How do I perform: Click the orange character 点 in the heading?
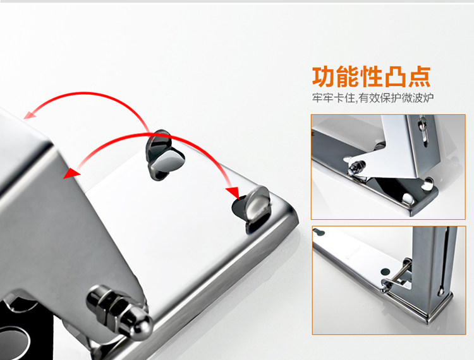(418, 76)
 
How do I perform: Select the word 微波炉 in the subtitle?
(418, 98)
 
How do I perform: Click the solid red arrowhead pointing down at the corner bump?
(233, 192)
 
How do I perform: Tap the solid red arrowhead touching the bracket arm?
(71, 173)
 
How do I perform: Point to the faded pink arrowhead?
(30, 115)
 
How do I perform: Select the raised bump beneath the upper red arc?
(165, 155)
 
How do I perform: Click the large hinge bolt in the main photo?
(119, 312)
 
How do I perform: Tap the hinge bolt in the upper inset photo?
(356, 167)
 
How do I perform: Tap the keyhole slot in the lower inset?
(319, 232)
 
